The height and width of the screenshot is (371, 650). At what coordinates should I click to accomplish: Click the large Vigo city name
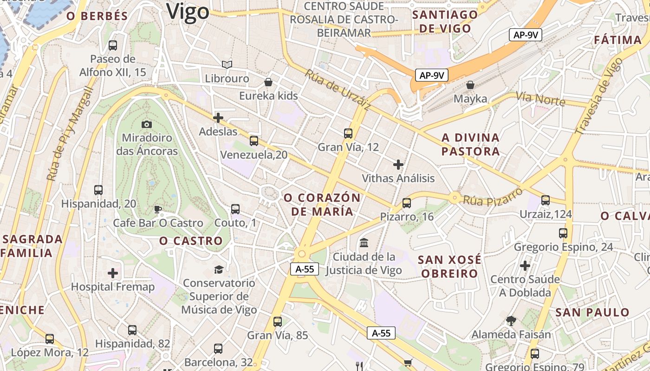tap(188, 11)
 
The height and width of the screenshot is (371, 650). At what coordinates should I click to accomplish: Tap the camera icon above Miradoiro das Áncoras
tap(147, 124)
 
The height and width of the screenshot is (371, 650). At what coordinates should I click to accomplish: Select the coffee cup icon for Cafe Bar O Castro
tap(158, 209)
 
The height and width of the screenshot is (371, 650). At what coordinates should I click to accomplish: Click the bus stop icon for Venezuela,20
tap(253, 141)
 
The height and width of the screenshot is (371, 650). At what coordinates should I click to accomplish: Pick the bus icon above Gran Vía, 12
tap(348, 134)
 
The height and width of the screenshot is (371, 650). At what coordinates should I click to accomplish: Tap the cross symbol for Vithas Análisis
tap(398, 165)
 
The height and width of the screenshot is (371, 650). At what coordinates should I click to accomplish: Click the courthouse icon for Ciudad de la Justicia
tap(364, 243)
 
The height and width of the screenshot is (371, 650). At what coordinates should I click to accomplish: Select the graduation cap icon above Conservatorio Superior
tap(218, 269)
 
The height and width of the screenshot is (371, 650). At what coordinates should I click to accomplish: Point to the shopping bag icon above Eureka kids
tap(268, 83)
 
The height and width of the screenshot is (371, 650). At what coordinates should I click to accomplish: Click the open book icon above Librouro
tap(227, 65)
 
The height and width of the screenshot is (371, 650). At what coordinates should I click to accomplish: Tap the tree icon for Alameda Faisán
tap(511, 320)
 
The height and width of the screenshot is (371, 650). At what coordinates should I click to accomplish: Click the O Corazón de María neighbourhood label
tap(322, 205)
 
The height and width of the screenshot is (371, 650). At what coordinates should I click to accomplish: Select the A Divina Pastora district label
tap(470, 144)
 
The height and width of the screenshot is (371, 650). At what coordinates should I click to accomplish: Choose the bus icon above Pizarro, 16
tap(407, 203)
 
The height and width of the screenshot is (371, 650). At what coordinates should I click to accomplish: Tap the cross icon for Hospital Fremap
tap(113, 273)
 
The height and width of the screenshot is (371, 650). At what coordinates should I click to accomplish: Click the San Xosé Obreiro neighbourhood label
tap(449, 266)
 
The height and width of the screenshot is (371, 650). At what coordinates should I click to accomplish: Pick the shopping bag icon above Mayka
tap(470, 85)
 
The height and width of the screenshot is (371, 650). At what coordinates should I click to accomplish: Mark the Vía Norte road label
tap(540, 98)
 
